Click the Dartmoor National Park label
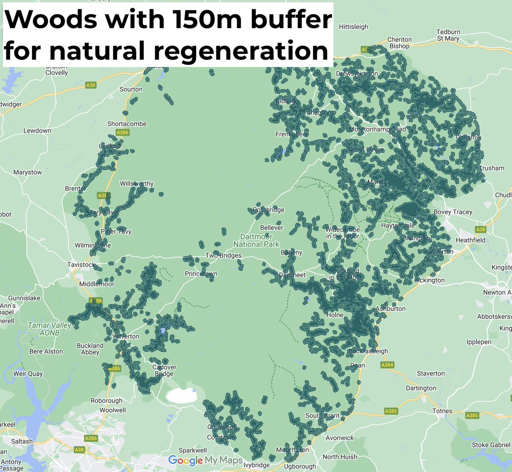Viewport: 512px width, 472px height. coord(256,240)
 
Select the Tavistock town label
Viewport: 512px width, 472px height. coord(81,265)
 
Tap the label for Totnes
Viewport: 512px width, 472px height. coord(442,411)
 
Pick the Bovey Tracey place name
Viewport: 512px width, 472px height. coord(453,212)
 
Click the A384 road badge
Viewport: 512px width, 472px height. coord(387,365)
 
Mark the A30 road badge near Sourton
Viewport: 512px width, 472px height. coord(90,85)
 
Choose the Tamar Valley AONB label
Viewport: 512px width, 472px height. coord(49,329)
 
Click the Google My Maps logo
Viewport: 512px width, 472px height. coord(205,460)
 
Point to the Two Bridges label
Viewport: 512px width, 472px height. coord(223,255)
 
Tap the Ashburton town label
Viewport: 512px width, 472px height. coord(390,309)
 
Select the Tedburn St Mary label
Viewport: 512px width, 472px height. coord(448,35)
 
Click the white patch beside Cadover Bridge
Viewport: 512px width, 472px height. coord(181,396)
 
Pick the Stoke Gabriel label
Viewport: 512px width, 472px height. coord(491,445)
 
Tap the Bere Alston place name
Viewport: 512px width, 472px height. coord(46,351)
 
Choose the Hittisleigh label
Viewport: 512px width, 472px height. coord(353,27)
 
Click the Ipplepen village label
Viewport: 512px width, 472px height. coord(479,342)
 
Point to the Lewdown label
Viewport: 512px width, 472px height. coord(37,130)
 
